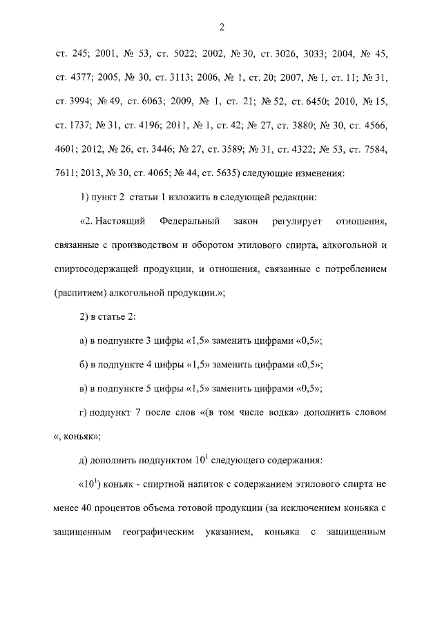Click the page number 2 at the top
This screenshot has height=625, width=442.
221,28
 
